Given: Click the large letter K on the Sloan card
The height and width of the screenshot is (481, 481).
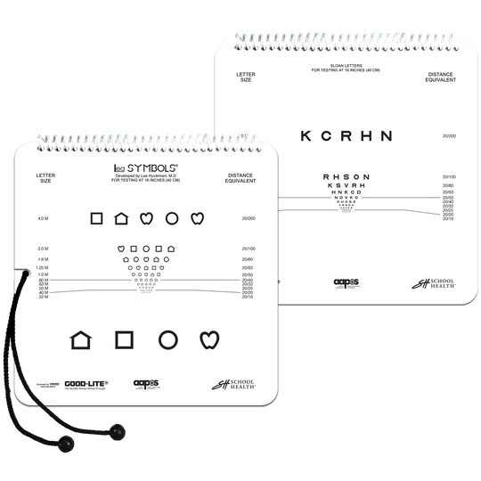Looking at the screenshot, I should pos(306,136).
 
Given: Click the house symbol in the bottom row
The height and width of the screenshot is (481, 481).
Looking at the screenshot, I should pos(81,338).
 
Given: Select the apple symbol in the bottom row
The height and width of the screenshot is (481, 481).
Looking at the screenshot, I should pos(208,338).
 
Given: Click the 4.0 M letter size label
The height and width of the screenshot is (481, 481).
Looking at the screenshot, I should pos(43,218).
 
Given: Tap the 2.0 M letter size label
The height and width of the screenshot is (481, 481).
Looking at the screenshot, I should pos(43,249).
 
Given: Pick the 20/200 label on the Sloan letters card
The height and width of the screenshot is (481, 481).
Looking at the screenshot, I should pos(449,136).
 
